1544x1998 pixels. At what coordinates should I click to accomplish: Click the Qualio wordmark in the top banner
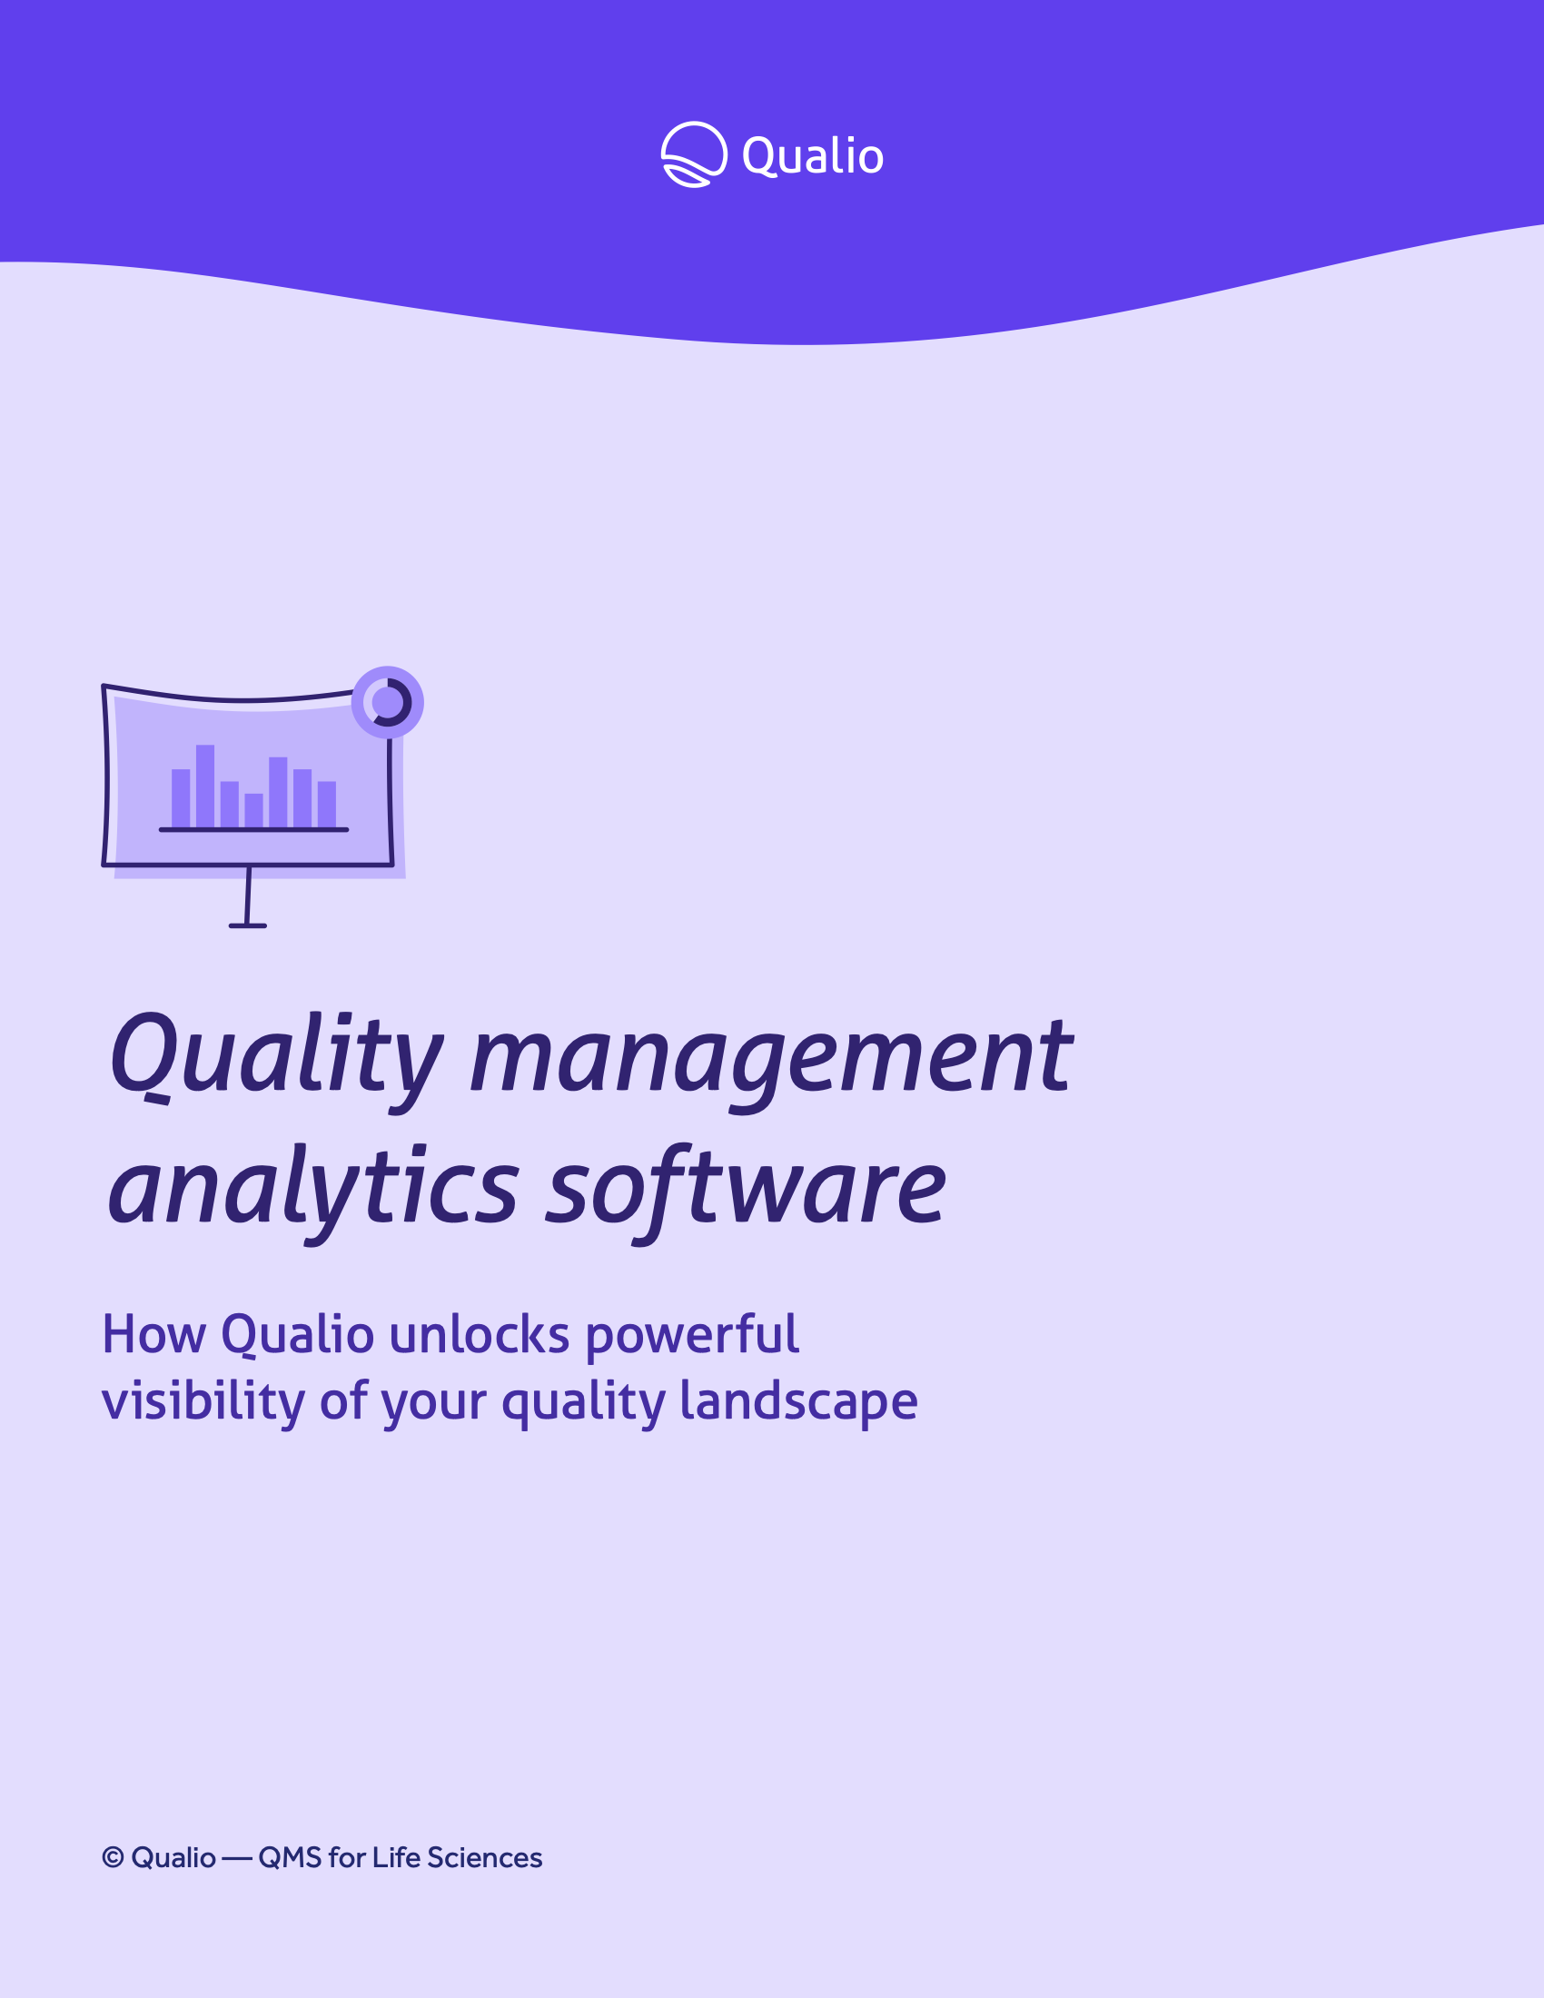point(812,156)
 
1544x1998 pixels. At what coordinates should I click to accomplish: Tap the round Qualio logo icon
point(694,154)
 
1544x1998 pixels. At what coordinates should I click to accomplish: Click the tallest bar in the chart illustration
point(205,786)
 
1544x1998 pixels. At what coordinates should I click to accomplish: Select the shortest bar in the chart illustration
point(253,810)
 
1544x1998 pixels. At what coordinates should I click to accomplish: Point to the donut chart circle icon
point(388,703)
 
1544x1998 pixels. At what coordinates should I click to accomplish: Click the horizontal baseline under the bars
point(253,830)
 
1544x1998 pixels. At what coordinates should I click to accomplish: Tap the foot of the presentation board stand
point(248,925)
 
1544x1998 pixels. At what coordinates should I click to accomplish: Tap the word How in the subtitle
point(154,1335)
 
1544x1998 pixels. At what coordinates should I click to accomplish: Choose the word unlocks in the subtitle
point(480,1335)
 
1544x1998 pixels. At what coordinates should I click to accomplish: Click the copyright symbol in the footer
point(113,1857)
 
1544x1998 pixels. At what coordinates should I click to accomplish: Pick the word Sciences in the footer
point(485,1858)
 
